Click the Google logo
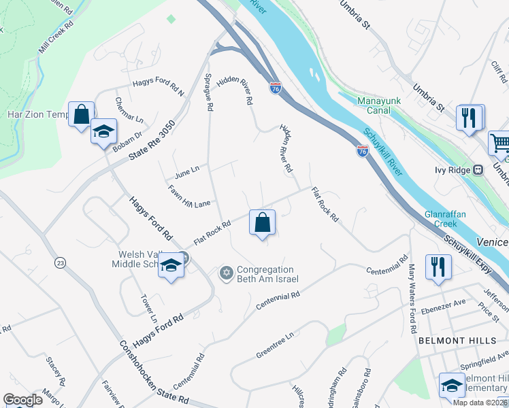[x=23, y=400]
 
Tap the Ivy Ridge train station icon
[x=478, y=170]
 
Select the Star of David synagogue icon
[x=226, y=273]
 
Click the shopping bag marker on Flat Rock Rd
[x=263, y=223]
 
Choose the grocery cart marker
[x=499, y=143]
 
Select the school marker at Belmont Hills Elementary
[x=452, y=386]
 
